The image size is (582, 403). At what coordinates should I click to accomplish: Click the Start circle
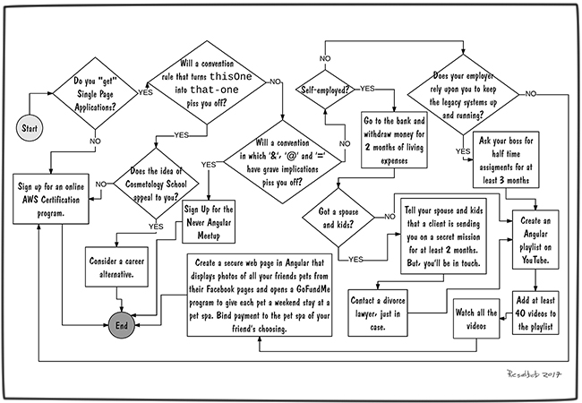30,128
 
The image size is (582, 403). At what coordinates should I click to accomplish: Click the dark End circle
122,325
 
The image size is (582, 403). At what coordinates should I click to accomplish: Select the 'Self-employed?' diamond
325,90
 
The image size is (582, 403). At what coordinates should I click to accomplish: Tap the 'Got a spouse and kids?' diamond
338,218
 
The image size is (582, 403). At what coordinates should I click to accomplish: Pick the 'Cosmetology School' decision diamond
156,184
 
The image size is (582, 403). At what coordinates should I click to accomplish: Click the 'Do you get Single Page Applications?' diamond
95,93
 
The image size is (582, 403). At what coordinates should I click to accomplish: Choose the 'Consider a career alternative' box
116,267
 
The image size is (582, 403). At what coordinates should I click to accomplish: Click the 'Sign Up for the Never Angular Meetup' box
209,222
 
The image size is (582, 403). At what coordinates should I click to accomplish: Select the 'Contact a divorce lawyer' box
378,313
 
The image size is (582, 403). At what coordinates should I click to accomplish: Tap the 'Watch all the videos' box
476,319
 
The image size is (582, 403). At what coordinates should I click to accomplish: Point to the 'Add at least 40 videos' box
535,313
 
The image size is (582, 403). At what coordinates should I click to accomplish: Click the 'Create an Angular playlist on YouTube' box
535,240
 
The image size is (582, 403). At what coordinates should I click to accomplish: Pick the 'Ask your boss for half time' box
506,159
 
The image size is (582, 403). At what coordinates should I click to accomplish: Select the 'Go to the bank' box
394,140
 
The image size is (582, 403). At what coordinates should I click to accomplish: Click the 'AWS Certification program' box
51,199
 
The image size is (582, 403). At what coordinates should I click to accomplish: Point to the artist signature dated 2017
534,373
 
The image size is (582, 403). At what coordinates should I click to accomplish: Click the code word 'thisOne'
231,76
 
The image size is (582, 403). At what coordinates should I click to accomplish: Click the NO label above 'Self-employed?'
325,58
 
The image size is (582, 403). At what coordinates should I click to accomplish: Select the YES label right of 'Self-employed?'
367,89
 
